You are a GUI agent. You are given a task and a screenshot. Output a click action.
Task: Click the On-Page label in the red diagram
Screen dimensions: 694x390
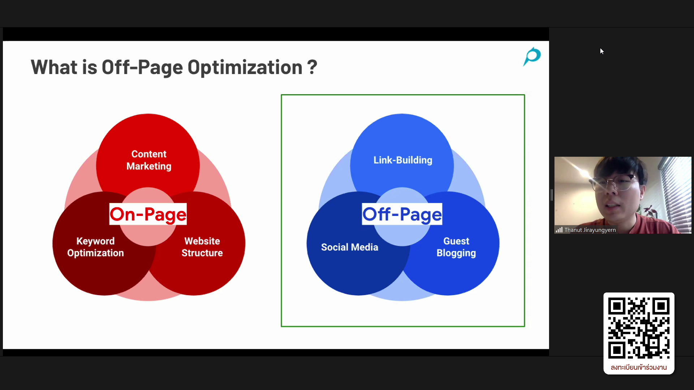tap(148, 214)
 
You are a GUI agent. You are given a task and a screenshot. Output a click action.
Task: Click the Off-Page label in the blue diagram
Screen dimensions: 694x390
tap(402, 214)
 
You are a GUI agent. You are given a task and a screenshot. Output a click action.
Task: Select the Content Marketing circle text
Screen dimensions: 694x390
tap(149, 160)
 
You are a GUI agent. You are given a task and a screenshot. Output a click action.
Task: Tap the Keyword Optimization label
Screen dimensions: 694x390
tap(95, 247)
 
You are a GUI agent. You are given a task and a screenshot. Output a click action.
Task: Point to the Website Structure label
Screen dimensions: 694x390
tap(202, 247)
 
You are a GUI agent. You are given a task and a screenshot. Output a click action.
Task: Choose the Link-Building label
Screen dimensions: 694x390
tap(403, 160)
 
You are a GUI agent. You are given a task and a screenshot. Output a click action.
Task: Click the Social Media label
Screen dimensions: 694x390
tap(350, 247)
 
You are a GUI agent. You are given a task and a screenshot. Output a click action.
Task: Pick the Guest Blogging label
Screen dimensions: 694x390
tap(456, 247)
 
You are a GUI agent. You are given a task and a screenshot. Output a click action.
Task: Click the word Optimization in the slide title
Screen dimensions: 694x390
tap(245, 68)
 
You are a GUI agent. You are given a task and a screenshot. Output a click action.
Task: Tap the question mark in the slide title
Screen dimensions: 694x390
tap(312, 67)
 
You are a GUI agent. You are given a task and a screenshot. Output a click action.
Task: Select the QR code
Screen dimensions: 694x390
tap(639, 328)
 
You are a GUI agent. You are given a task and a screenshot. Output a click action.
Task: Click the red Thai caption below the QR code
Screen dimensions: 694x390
tap(639, 367)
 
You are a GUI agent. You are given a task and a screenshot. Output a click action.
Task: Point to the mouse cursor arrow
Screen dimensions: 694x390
tap(602, 51)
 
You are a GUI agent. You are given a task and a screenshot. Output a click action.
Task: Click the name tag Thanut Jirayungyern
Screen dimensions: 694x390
tap(590, 230)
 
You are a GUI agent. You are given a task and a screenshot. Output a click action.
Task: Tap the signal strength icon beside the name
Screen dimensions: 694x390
tap(559, 230)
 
